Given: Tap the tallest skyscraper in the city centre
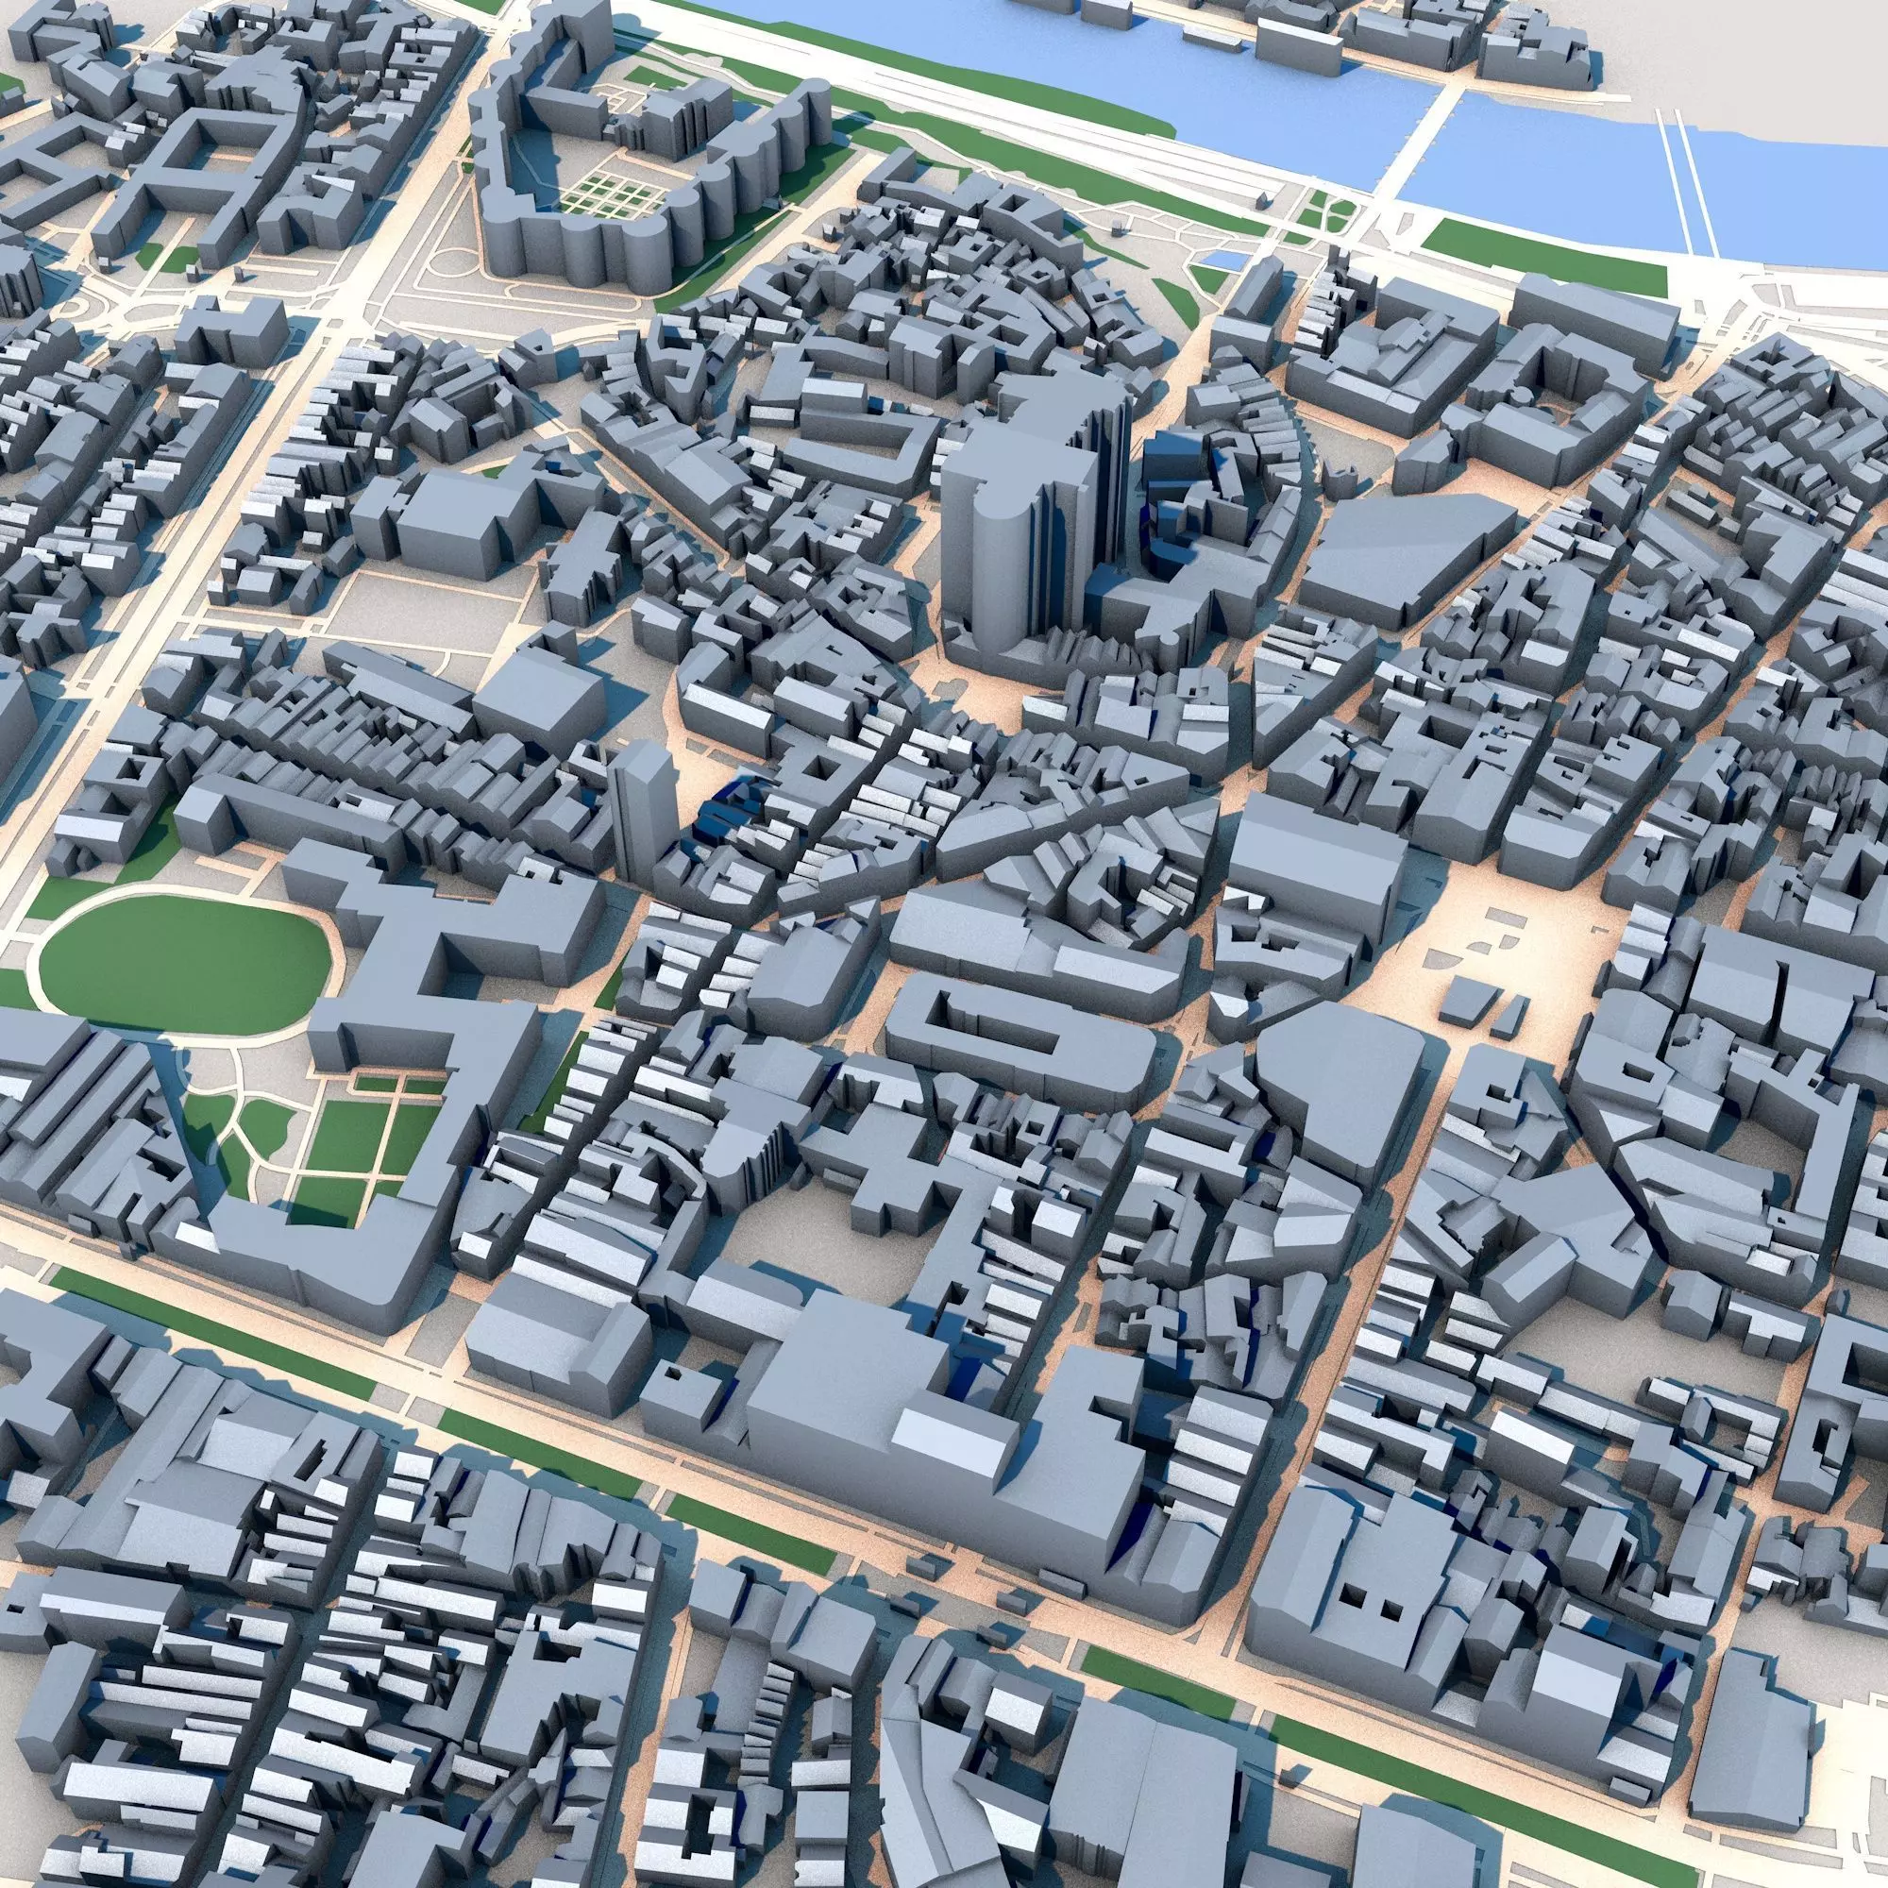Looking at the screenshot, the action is (1017, 528).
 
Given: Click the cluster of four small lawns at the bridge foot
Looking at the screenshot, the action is (1329, 211).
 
